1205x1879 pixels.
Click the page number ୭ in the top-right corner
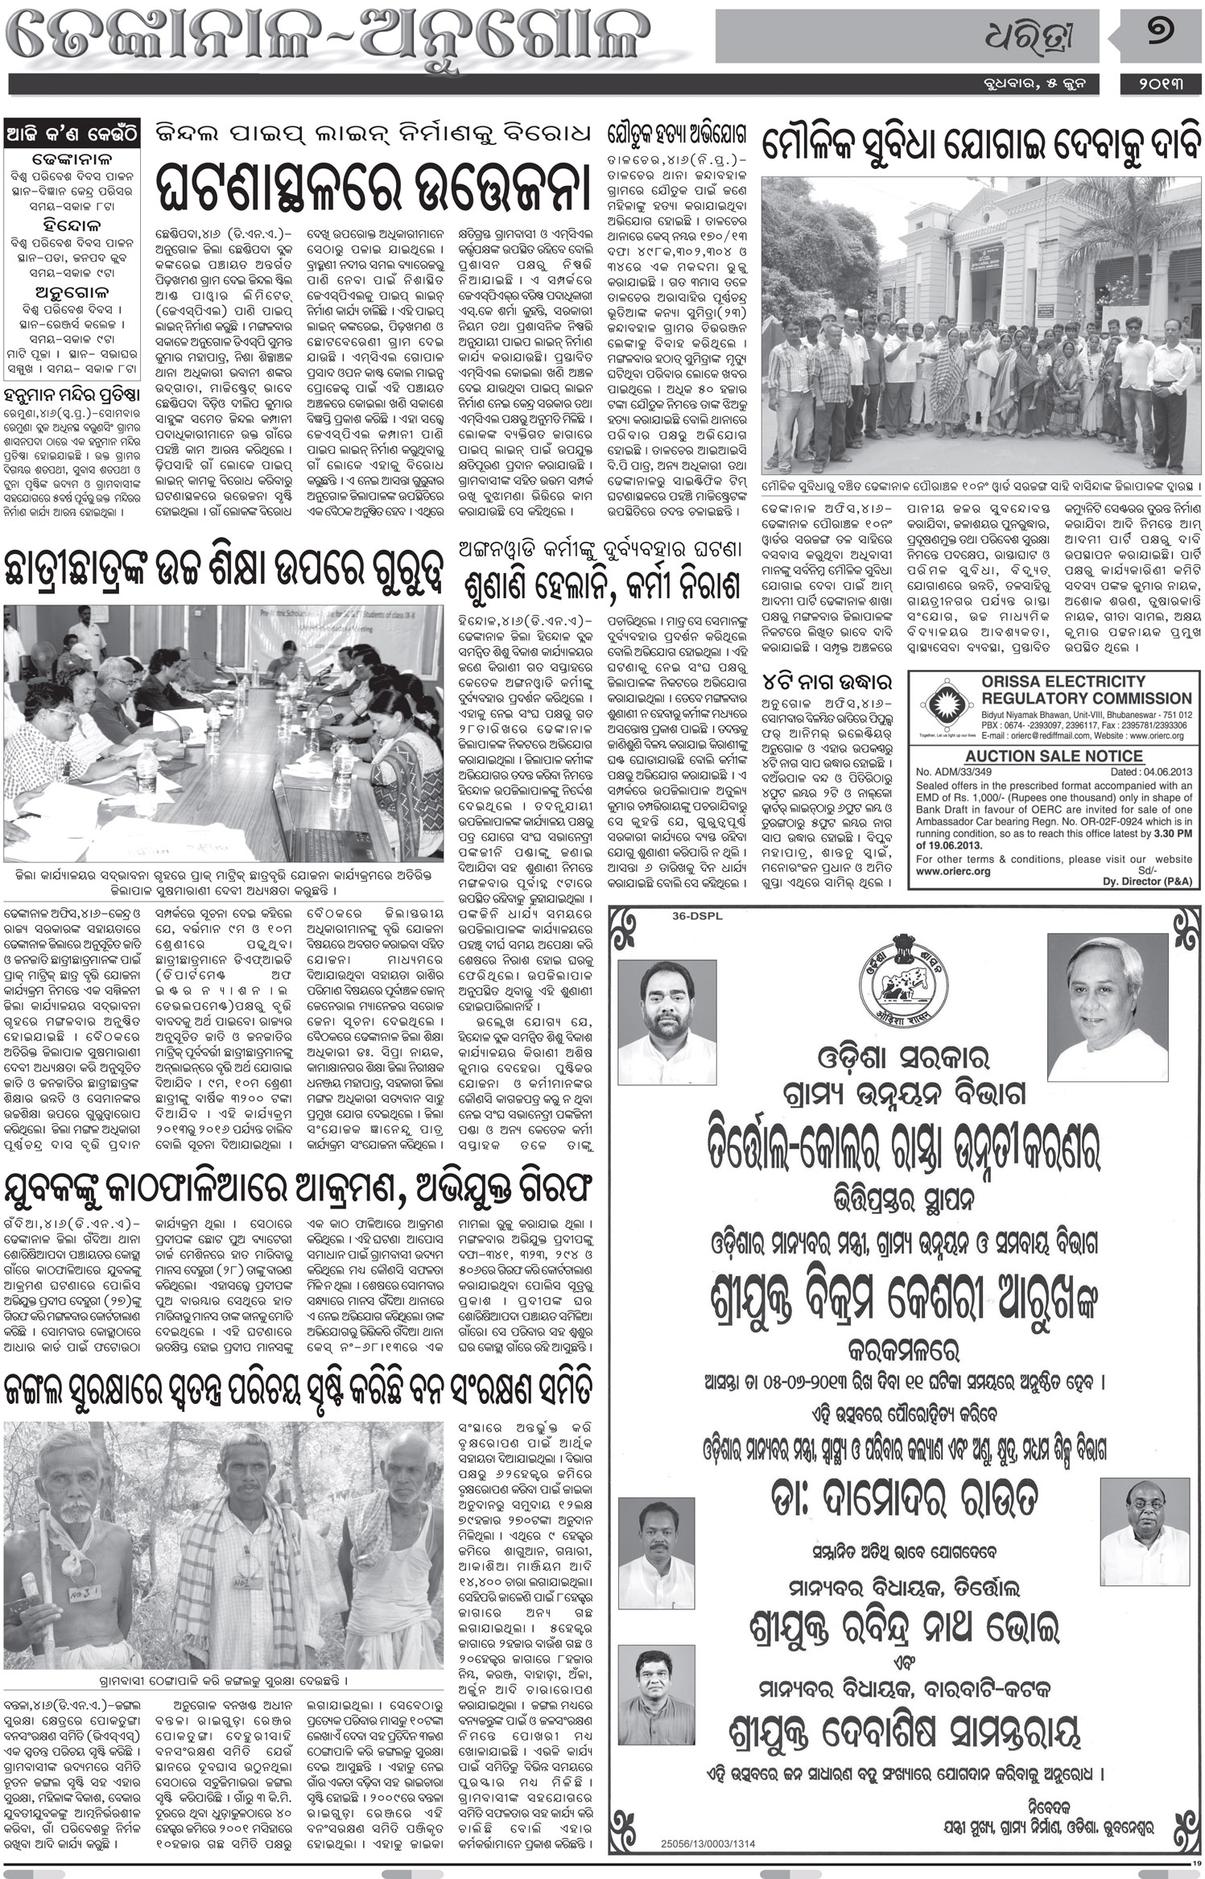[x=1160, y=38]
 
